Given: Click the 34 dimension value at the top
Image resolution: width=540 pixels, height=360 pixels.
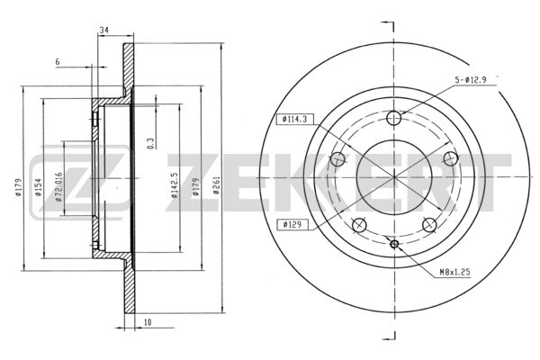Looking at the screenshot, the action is (x=103, y=31).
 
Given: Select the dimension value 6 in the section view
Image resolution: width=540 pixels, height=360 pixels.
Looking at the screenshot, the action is (x=58, y=62).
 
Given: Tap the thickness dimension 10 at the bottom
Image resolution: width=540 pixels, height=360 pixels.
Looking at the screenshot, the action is (x=148, y=322).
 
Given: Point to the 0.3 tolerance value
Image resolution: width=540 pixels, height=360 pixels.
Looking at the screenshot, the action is (x=150, y=143).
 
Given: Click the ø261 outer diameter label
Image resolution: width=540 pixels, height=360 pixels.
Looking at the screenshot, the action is (x=216, y=185).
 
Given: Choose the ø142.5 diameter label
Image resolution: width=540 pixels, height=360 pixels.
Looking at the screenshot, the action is (x=175, y=185).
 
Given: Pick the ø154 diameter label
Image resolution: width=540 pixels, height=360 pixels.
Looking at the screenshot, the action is (x=38, y=187).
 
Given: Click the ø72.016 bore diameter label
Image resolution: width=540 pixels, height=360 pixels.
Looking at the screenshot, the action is (x=58, y=186).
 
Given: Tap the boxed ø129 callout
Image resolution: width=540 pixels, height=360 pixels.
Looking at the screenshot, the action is (x=292, y=225).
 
